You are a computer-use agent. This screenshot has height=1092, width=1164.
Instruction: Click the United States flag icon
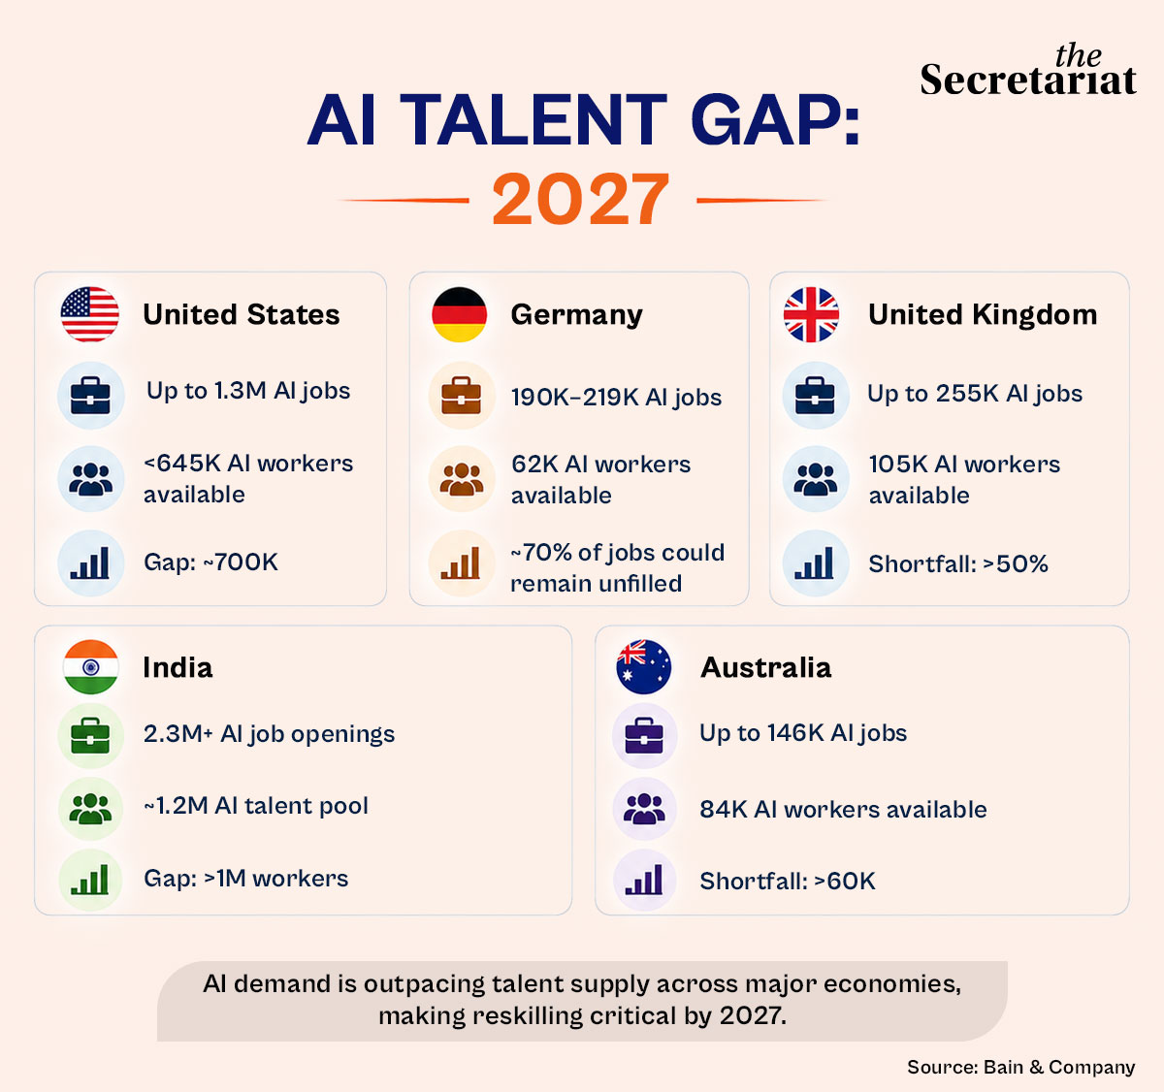click(89, 314)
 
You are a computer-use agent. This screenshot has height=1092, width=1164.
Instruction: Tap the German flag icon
click(459, 314)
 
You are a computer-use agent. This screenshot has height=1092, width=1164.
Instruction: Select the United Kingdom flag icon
click(811, 314)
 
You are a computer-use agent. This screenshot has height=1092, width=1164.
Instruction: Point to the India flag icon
click(90, 667)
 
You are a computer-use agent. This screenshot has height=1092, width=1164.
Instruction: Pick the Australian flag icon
click(643, 667)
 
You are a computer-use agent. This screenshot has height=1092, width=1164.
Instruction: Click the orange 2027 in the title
click(581, 199)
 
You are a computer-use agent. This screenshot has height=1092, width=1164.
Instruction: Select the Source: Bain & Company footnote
click(1020, 1067)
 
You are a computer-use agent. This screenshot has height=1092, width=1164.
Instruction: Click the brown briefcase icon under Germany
click(462, 396)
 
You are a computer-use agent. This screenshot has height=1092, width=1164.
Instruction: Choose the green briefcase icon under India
click(90, 736)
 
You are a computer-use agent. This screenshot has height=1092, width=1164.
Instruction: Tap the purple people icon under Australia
click(644, 809)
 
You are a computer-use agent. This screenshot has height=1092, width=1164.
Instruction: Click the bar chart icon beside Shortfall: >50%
click(815, 562)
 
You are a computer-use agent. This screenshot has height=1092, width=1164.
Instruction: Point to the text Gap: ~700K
click(210, 562)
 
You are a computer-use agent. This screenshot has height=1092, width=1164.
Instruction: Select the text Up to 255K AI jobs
click(975, 394)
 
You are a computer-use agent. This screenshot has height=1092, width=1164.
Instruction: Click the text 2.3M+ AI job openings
click(269, 734)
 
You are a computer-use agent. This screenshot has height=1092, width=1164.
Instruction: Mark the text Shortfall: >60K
click(788, 881)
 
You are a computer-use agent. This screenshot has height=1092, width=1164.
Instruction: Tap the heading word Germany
click(577, 315)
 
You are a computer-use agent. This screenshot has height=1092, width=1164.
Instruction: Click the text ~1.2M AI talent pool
click(256, 805)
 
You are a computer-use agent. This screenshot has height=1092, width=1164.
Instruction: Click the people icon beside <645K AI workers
click(91, 479)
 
